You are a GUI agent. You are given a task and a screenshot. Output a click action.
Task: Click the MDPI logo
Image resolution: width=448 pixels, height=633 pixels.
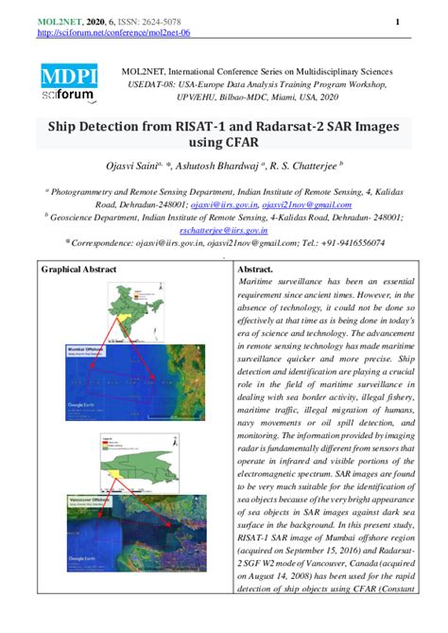(x=67, y=75)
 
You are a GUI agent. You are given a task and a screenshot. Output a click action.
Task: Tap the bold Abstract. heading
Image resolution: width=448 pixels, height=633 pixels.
(x=256, y=270)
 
